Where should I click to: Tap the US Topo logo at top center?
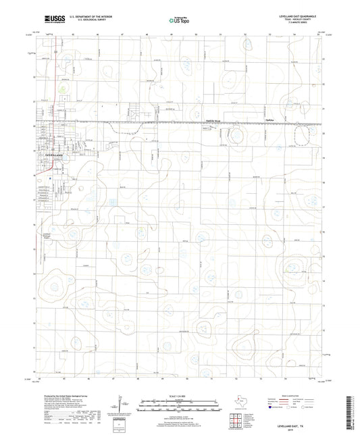point(178,21)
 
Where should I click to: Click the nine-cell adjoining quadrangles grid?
point(239,419)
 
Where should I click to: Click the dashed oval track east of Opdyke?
point(237,138)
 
